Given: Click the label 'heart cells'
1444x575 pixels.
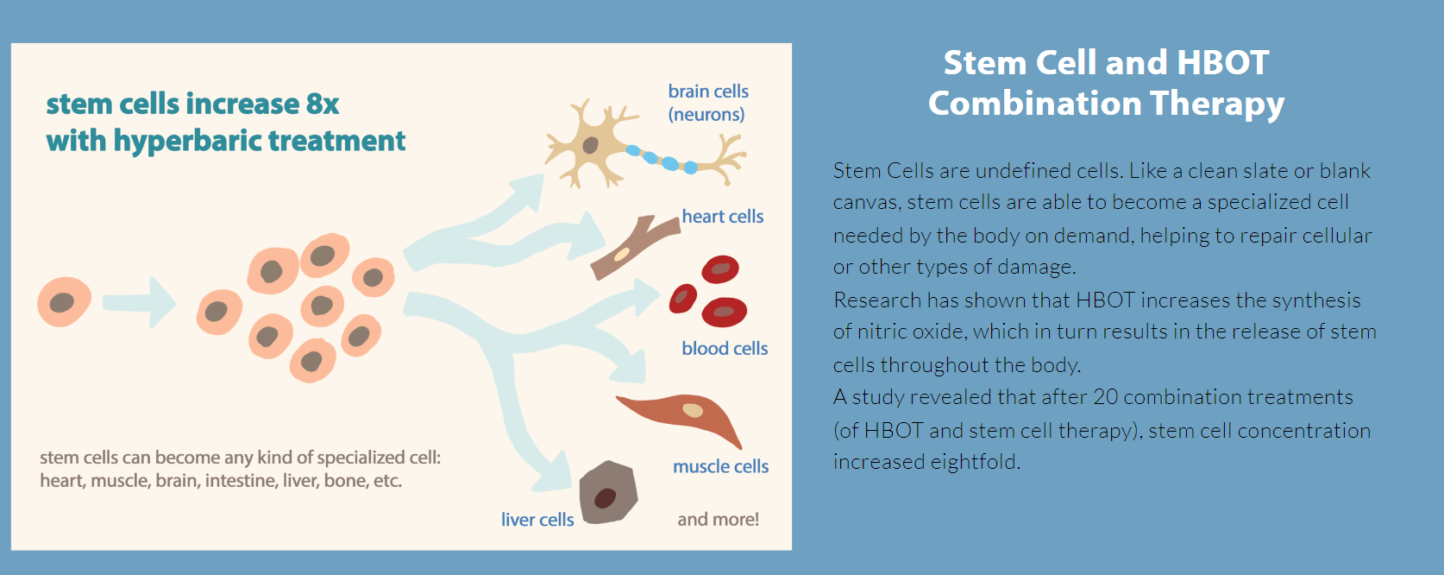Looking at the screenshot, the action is tap(723, 216).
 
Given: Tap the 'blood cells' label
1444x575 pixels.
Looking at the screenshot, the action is tap(725, 349).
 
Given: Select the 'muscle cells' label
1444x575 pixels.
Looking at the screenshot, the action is tap(721, 466).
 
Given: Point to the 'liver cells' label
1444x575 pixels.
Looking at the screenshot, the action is tap(537, 520).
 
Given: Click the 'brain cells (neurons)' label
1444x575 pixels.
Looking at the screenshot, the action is tap(708, 103).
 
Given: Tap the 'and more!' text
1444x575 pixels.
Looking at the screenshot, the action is tap(719, 520).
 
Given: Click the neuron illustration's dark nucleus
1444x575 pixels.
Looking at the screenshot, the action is tap(591, 145).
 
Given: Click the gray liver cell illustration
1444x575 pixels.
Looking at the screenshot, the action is tap(608, 492).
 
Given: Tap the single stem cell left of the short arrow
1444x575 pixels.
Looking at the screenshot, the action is tap(64, 302).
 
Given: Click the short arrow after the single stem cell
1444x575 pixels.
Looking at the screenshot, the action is tap(139, 303).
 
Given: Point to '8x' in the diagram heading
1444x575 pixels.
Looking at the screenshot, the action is tap(323, 104).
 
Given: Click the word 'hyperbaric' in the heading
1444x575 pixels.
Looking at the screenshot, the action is tap(187, 142).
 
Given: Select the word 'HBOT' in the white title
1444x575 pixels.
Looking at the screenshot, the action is tap(1223, 63).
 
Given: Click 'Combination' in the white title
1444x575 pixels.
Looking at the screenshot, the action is tap(1034, 104).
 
